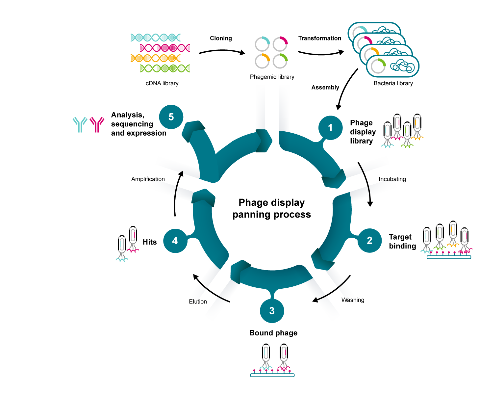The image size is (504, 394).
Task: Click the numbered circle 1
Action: (x=330, y=128)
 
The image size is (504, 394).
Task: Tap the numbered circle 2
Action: (x=369, y=241)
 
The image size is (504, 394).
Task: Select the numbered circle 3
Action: (x=272, y=311)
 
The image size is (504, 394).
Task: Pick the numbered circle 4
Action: (x=175, y=241)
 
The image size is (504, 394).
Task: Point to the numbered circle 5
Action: (x=171, y=117)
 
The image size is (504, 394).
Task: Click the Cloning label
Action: (x=221, y=38)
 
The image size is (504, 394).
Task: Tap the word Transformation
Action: (x=319, y=38)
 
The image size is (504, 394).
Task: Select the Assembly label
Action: (x=325, y=87)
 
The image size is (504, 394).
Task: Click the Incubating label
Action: (x=392, y=179)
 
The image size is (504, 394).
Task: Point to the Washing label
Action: (x=353, y=300)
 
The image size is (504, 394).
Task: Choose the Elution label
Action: (x=198, y=302)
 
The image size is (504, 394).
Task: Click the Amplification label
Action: (x=148, y=179)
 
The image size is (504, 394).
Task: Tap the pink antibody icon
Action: (x=97, y=124)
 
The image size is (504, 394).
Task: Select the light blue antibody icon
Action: (x=80, y=124)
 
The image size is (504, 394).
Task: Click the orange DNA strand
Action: (x=155, y=58)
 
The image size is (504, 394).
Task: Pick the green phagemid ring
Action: (x=280, y=61)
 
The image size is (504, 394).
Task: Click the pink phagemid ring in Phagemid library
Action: (x=280, y=44)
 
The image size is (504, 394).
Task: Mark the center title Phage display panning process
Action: (x=271, y=208)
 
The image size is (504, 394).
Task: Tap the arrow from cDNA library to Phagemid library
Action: (x=222, y=51)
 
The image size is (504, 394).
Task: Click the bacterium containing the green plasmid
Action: (x=392, y=66)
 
